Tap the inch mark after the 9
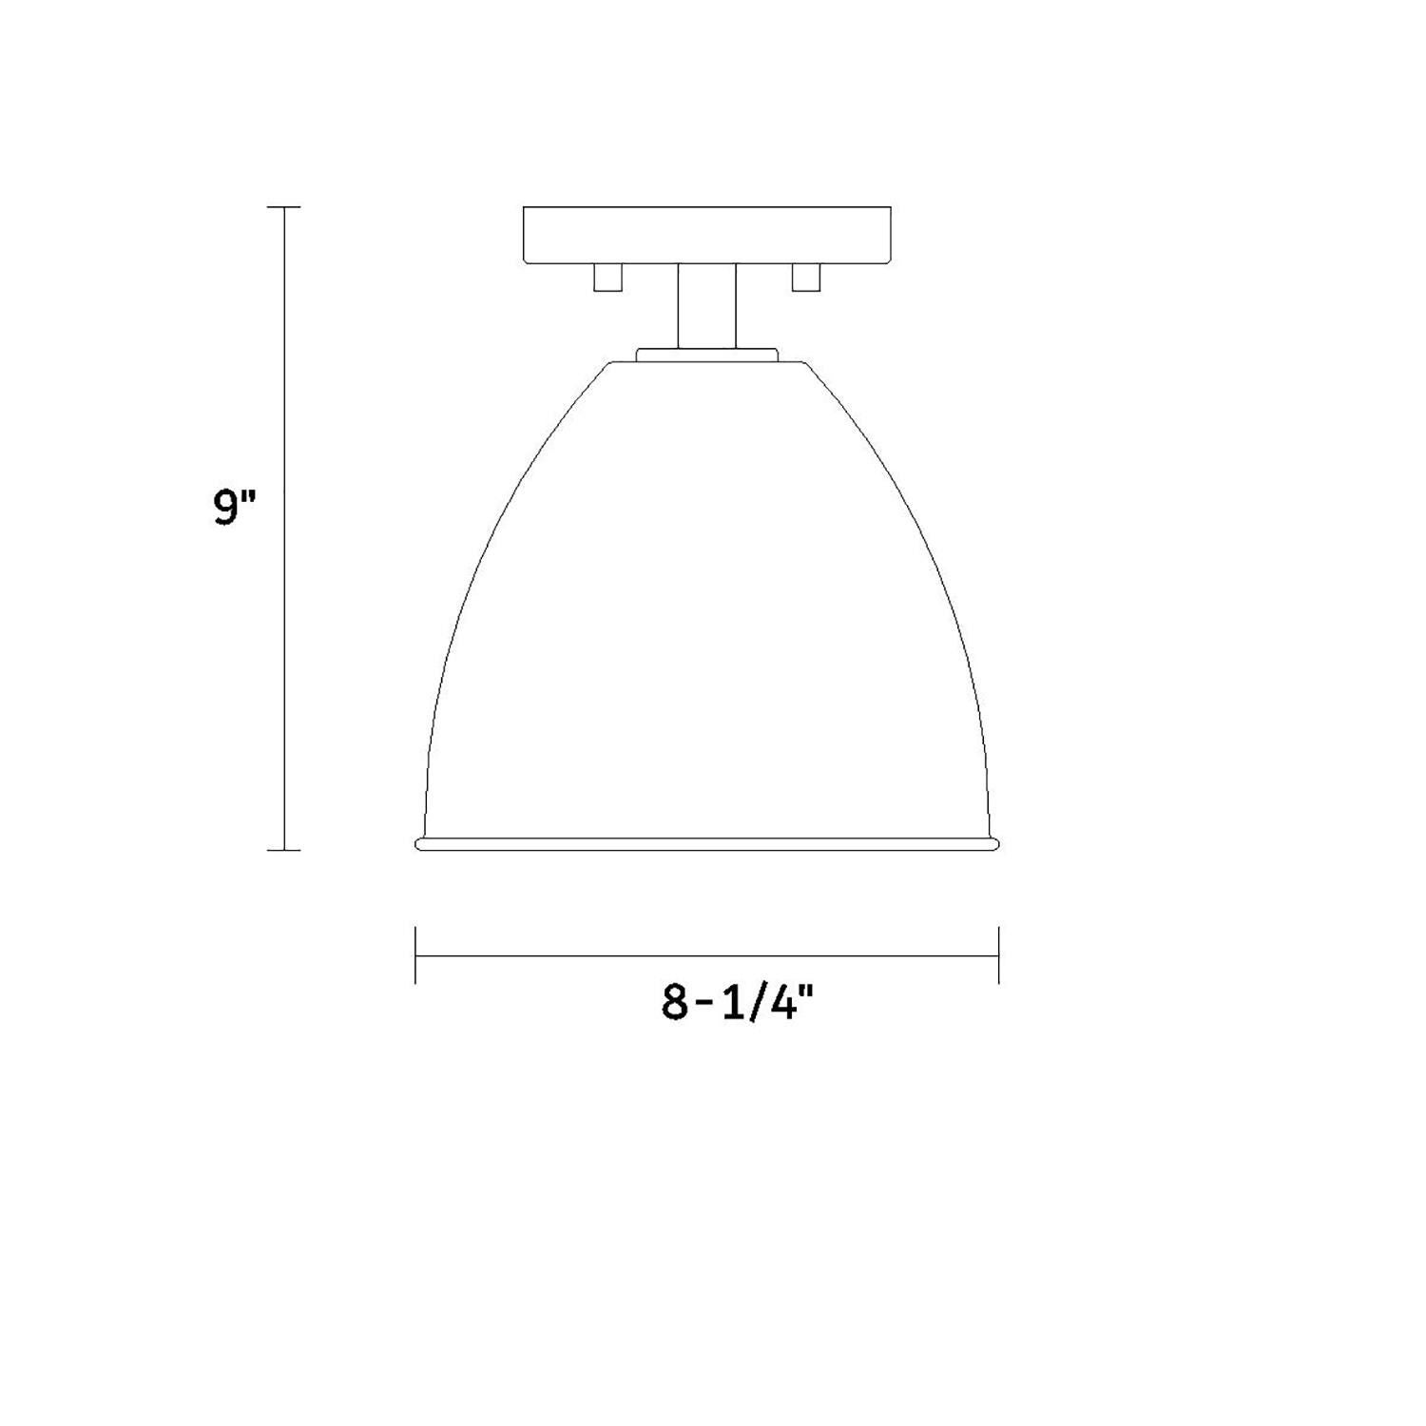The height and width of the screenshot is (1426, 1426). click(x=250, y=496)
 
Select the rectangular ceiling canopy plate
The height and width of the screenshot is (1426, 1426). click(x=707, y=235)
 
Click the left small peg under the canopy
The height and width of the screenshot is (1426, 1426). click(x=607, y=277)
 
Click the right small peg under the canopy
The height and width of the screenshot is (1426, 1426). click(x=806, y=277)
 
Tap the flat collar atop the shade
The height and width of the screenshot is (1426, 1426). click(x=707, y=355)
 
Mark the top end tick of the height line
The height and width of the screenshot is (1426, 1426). click(x=284, y=206)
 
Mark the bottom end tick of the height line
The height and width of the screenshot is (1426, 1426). click(x=284, y=849)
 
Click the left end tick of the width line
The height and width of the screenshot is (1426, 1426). click(x=415, y=954)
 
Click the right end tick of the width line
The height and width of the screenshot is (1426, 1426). click(x=998, y=954)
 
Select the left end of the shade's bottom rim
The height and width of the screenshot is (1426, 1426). click(x=419, y=844)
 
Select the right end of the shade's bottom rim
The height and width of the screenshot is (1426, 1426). click(x=995, y=844)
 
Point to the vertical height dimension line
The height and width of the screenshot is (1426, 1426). click(x=284, y=665)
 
